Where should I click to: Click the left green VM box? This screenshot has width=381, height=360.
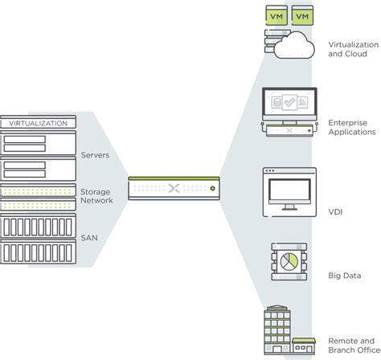(277, 16)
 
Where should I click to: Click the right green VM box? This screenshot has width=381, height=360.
(302, 16)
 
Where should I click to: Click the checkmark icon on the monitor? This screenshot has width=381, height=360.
(290, 102)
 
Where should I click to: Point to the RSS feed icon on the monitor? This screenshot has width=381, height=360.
(303, 102)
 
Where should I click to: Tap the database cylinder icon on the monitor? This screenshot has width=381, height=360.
(277, 102)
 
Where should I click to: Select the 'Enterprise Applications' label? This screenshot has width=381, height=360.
(348, 126)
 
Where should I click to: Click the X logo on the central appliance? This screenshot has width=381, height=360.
(175, 188)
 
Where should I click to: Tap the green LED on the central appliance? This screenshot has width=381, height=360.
(212, 188)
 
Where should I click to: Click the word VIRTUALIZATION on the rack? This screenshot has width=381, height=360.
(38, 125)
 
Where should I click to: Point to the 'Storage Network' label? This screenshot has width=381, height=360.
(96, 197)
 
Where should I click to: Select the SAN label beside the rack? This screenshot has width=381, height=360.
(88, 239)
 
